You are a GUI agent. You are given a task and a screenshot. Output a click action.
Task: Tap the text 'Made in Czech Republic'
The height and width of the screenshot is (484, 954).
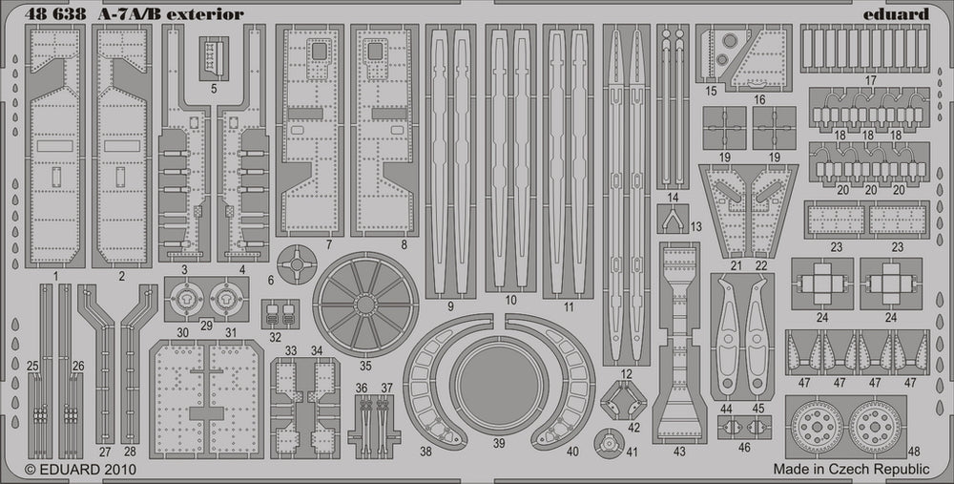tap(850, 469)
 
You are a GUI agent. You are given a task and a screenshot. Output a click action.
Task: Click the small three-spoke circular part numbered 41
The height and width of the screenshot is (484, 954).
tap(605, 441)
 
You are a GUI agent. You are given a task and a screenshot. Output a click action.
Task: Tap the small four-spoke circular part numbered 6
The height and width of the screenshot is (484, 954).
tap(297, 262)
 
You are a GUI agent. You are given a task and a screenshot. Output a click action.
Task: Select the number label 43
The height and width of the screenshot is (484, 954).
tap(679, 451)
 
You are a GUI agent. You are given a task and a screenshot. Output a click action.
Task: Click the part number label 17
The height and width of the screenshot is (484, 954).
tap(868, 81)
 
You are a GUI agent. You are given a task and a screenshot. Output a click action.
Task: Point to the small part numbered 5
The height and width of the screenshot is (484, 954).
tap(214, 57)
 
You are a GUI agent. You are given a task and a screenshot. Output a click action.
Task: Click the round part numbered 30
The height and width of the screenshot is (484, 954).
tap(184, 299)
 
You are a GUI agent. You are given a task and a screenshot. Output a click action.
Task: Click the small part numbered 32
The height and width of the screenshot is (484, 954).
tap(280, 312)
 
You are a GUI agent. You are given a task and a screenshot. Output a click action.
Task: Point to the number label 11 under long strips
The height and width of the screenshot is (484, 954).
tap(569, 308)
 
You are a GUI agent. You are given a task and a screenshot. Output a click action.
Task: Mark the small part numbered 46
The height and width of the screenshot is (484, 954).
tap(743, 428)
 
